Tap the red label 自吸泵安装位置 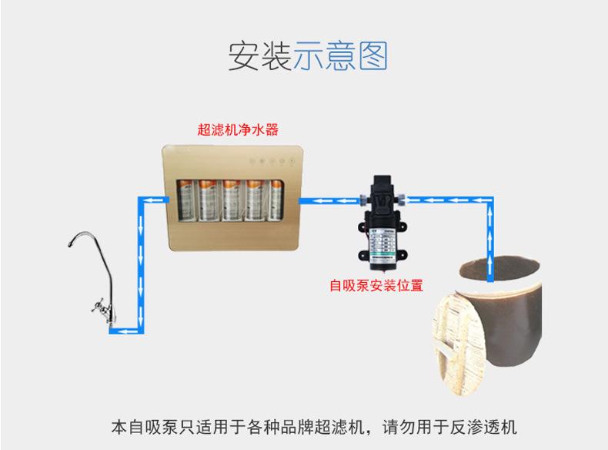pyautogui.click(x=376, y=286)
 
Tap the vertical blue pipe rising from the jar pyautogui.click(x=489, y=231)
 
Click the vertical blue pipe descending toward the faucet pyautogui.click(x=140, y=262)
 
